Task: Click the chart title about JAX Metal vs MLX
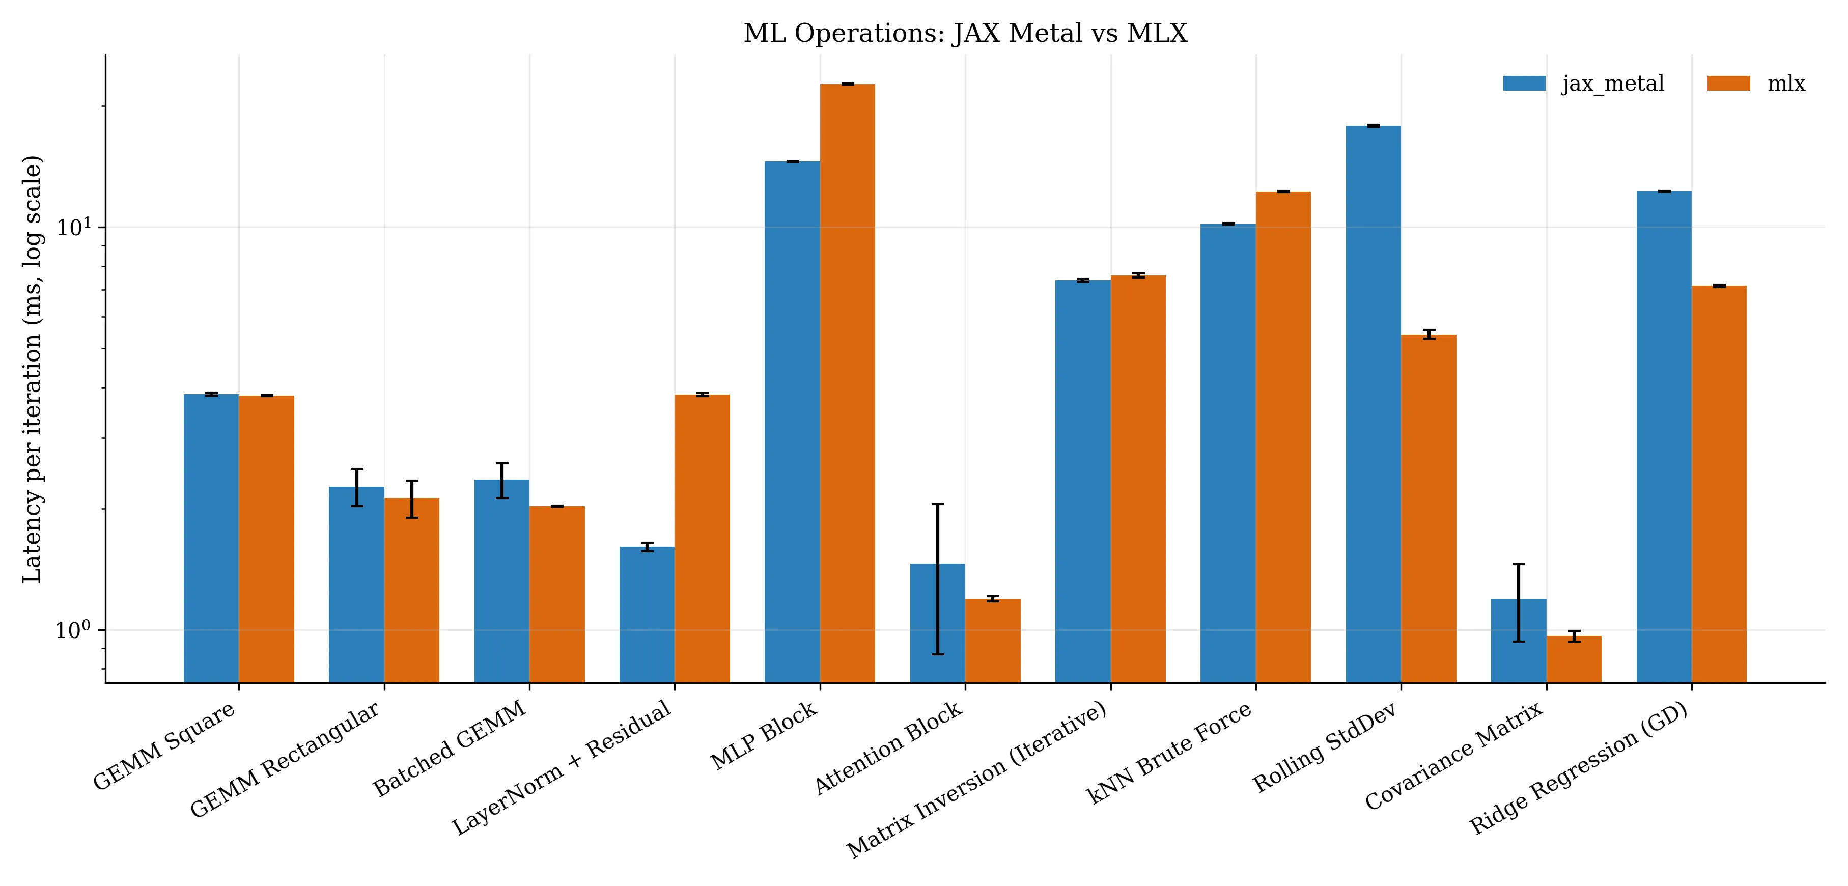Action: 965,34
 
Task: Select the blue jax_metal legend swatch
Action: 1524,83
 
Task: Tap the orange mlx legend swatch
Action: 1728,83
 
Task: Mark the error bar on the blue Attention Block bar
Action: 938,579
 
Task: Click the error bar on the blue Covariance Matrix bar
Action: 1519,602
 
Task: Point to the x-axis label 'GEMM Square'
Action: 165,745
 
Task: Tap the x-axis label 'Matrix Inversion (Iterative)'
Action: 977,780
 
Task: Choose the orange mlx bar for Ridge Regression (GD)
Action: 1719,484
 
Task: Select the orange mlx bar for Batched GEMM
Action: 557,594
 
